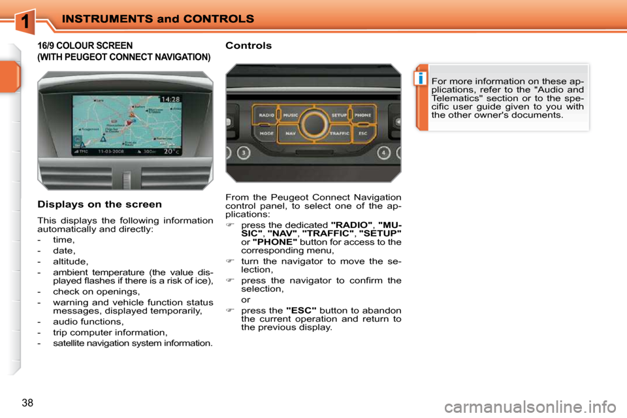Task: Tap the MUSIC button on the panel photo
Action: tap(291, 115)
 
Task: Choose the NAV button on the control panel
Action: tap(291, 133)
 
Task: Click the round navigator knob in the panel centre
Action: tap(314, 124)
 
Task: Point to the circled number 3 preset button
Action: tap(243, 154)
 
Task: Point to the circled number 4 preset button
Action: tap(384, 154)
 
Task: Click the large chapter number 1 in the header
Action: tap(24, 21)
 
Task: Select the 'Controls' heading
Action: tap(248, 46)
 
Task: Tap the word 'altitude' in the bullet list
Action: tap(71, 261)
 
